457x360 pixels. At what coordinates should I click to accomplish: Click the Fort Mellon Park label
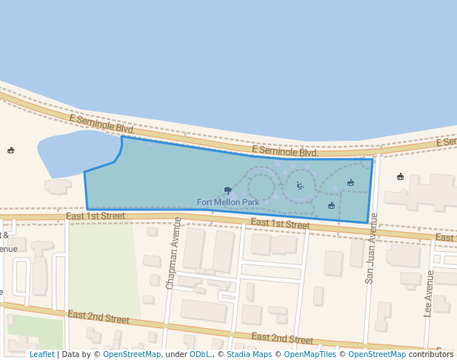pos(228,202)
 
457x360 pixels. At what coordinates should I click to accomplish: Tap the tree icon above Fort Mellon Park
pos(227,190)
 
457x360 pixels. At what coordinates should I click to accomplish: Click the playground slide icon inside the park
pos(300,186)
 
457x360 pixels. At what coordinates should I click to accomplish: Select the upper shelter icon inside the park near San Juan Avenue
pos(350,182)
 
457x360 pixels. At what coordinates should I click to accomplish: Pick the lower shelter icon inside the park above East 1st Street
pos(331,205)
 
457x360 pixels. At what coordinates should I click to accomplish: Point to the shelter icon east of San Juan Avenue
pos(400,176)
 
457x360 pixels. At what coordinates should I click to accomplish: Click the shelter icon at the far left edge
pos(10,150)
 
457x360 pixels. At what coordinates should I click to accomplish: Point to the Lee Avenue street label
pos(429,293)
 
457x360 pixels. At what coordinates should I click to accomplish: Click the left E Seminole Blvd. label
pos(102,124)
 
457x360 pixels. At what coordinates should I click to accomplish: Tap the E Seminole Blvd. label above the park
pos(284,151)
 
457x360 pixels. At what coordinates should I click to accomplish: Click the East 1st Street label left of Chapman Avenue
pos(96,216)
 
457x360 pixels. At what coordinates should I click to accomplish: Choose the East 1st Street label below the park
pos(280,223)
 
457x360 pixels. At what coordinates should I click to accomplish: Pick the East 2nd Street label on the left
pos(98,317)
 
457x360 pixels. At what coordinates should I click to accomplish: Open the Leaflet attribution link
pos(41,355)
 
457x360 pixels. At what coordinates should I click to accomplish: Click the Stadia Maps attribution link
pos(249,355)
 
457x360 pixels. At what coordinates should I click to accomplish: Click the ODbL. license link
pos(201,355)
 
